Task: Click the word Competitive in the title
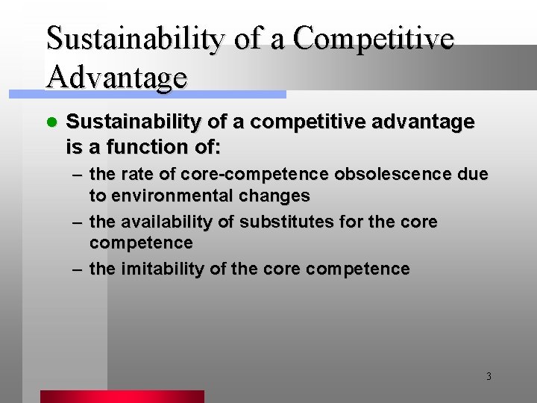tap(373, 40)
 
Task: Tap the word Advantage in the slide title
tap(116, 76)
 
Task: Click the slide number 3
tap(489, 376)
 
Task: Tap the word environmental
tap(169, 196)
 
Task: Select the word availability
tap(168, 222)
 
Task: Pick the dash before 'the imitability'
tap(77, 269)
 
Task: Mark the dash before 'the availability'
tap(77, 222)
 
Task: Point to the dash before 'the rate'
tap(77, 175)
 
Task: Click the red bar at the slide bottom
tap(122, 396)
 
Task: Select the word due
tap(474, 175)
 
